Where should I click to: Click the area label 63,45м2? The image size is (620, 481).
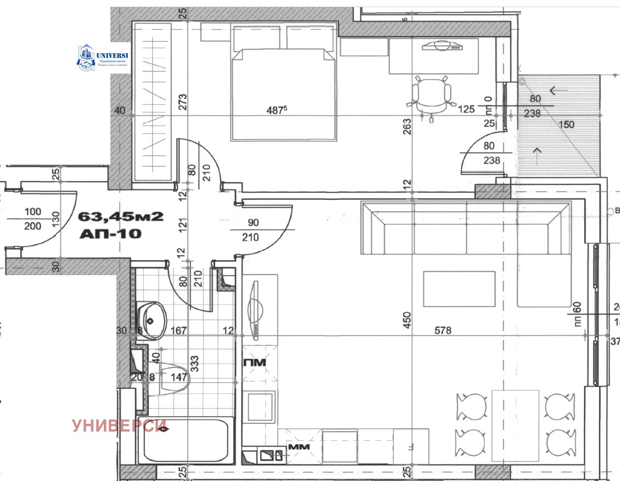click(121, 216)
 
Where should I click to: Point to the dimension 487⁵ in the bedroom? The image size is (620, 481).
click(277, 110)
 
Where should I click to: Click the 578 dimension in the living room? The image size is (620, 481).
click(442, 331)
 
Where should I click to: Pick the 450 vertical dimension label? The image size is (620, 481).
click(407, 320)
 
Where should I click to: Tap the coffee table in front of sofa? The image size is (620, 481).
click(459, 289)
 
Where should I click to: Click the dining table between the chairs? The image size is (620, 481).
click(515, 426)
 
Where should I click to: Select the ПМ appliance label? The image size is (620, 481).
click(255, 362)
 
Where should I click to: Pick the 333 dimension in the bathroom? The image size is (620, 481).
click(194, 363)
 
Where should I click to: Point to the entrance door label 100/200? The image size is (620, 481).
click(33, 219)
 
